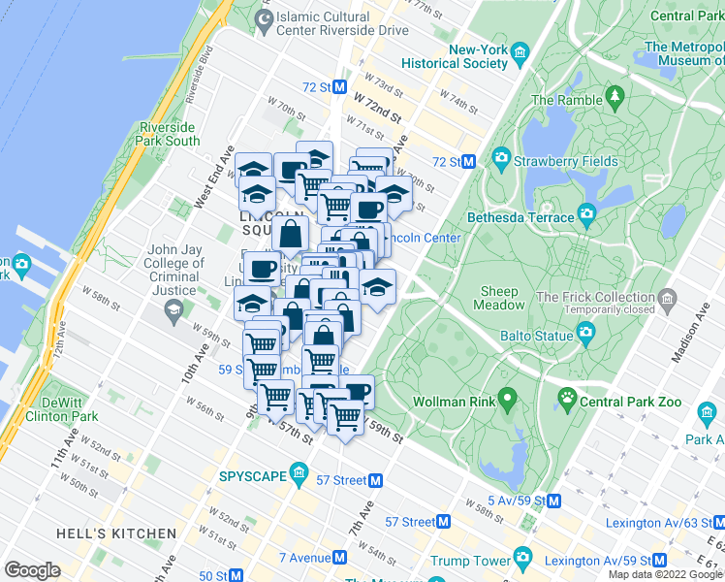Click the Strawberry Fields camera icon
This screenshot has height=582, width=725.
tap(501, 157)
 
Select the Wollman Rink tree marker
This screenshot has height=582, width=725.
tap(506, 401)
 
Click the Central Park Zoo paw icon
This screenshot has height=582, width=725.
tap(567, 398)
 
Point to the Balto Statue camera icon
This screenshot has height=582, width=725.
tap(585, 334)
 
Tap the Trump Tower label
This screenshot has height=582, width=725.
tap(470, 561)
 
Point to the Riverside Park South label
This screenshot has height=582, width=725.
tap(169, 134)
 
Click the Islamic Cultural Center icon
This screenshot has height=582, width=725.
tap(263, 18)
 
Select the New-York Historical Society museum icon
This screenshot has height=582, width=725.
tap(520, 51)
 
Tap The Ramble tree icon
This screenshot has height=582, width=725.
tap(614, 98)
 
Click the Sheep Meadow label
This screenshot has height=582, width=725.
tap(501, 298)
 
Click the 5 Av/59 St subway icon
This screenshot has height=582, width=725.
tap(553, 501)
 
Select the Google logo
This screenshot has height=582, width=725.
tap(33, 569)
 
